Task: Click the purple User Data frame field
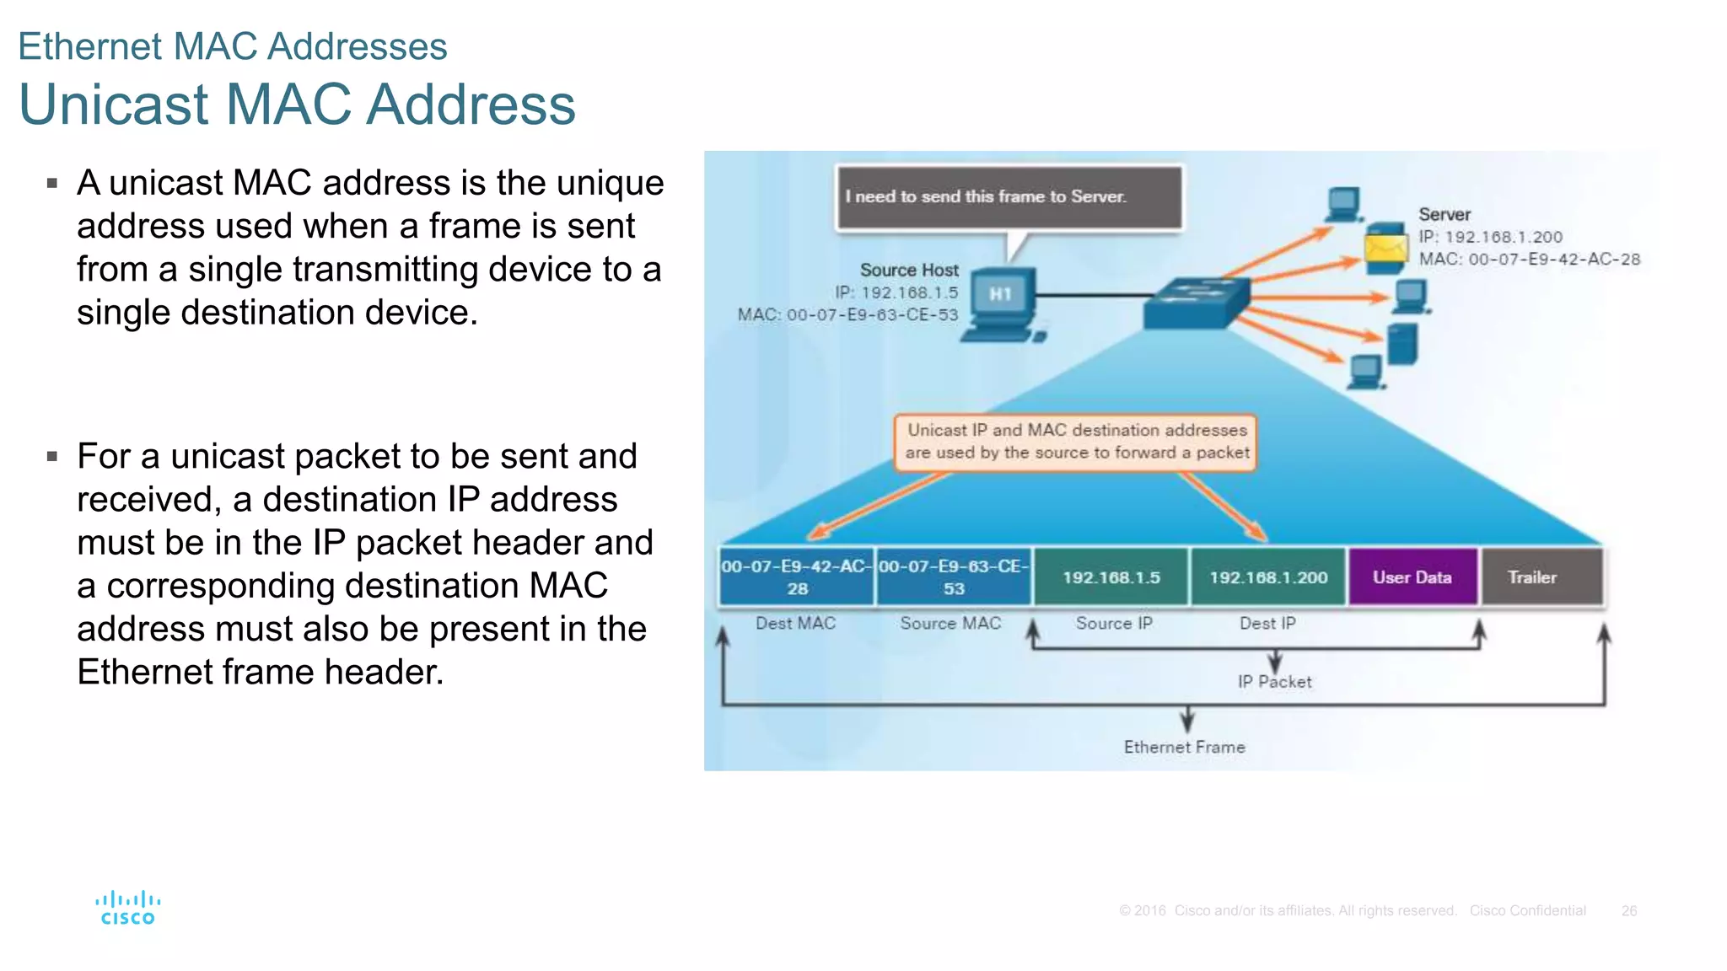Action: pyautogui.click(x=1412, y=577)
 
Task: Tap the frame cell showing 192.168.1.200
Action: pyautogui.click(x=1267, y=577)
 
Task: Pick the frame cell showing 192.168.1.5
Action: pyautogui.click(x=1111, y=577)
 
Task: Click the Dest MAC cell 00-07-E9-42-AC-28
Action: pyautogui.click(x=797, y=577)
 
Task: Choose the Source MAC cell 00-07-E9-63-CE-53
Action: pyautogui.click(x=954, y=577)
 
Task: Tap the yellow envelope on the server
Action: pyautogui.click(x=1385, y=248)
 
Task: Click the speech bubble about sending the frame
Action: pyautogui.click(x=1009, y=197)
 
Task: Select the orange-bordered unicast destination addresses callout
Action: pyautogui.click(x=1076, y=442)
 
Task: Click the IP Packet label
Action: pyautogui.click(x=1274, y=682)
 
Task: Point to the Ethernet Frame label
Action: pyautogui.click(x=1184, y=747)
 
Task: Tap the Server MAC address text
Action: pyautogui.click(x=1529, y=260)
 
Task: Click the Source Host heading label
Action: pyautogui.click(x=909, y=271)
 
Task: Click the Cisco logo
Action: pyautogui.click(x=128, y=908)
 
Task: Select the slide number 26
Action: pyautogui.click(x=1628, y=911)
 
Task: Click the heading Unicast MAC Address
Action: pyautogui.click(x=297, y=105)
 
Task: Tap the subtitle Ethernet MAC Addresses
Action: pyautogui.click(x=233, y=46)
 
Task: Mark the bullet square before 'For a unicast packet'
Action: pyautogui.click(x=52, y=457)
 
